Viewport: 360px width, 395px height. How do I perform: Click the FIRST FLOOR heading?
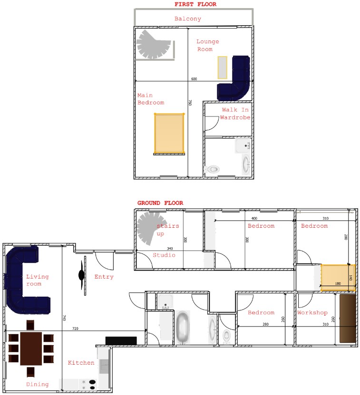[195, 4]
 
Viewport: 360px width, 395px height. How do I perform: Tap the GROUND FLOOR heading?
[160, 203]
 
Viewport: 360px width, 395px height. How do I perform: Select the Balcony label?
[188, 19]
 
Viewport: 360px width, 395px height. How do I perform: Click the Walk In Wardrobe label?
[235, 113]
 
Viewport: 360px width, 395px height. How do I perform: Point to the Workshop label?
[312, 312]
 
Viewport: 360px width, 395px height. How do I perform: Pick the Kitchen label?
[81, 363]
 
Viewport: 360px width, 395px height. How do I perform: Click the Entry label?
[104, 277]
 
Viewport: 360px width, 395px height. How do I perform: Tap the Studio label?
[164, 255]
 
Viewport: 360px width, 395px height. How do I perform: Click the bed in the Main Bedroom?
[169, 134]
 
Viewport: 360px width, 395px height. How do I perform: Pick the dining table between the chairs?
[31, 348]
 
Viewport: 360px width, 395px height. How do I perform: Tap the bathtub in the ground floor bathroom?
[183, 328]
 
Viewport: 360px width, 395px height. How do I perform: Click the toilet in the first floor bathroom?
[212, 169]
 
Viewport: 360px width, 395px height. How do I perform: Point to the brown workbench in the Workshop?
[347, 318]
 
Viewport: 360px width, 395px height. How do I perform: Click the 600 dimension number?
[194, 79]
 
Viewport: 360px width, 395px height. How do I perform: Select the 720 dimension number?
[75, 328]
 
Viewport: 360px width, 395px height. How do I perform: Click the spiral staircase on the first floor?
[153, 45]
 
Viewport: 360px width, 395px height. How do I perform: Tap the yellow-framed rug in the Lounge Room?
[223, 67]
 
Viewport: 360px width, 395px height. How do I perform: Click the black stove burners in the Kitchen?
[92, 385]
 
